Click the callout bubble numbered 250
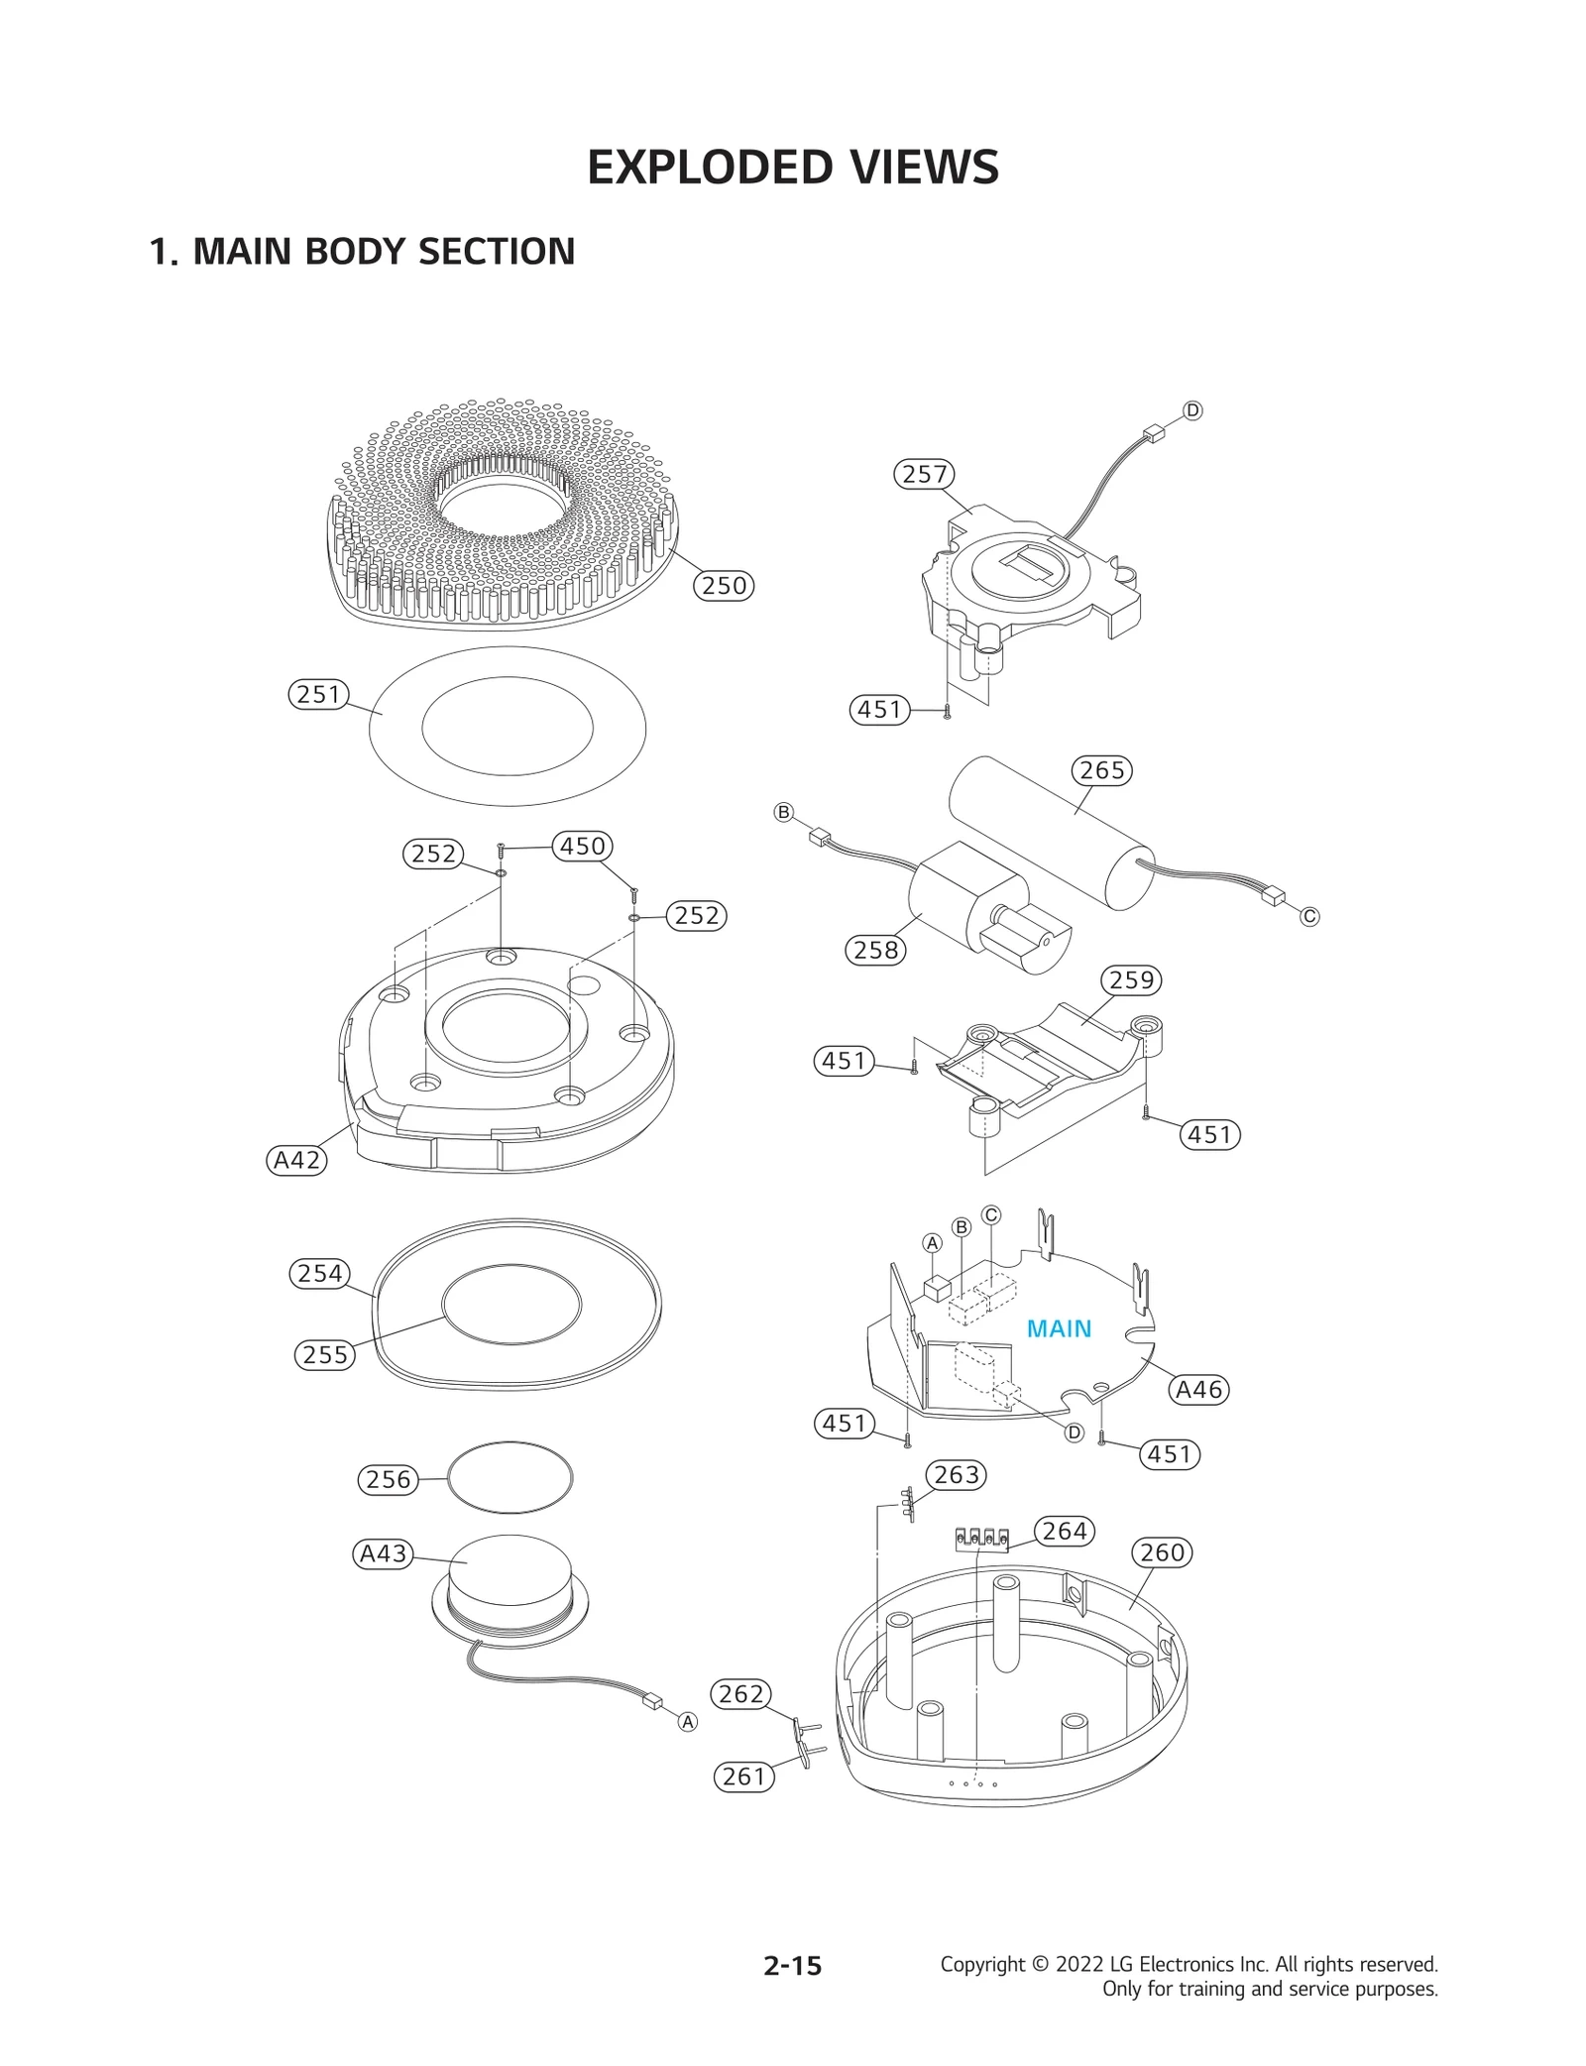pyautogui.click(x=724, y=585)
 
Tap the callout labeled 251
pyautogui.click(x=318, y=694)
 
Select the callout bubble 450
pyautogui.click(x=582, y=846)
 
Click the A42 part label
pyautogui.click(x=296, y=1160)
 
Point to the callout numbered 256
pyautogui.click(x=388, y=1480)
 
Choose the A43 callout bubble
pyautogui.click(x=383, y=1553)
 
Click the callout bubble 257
pyautogui.click(x=924, y=474)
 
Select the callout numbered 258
pyautogui.click(x=875, y=950)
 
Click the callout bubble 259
pyautogui.click(x=1131, y=980)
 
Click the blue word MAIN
pyautogui.click(x=1059, y=1328)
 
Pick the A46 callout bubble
pyautogui.click(x=1198, y=1390)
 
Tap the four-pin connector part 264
pyautogui.click(x=980, y=1540)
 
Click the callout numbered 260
pyautogui.click(x=1162, y=1552)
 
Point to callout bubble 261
pyautogui.click(x=743, y=1777)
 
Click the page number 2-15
pyautogui.click(x=792, y=1966)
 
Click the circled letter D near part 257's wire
pyautogui.click(x=1192, y=410)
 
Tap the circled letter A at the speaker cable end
pyautogui.click(x=687, y=1722)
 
